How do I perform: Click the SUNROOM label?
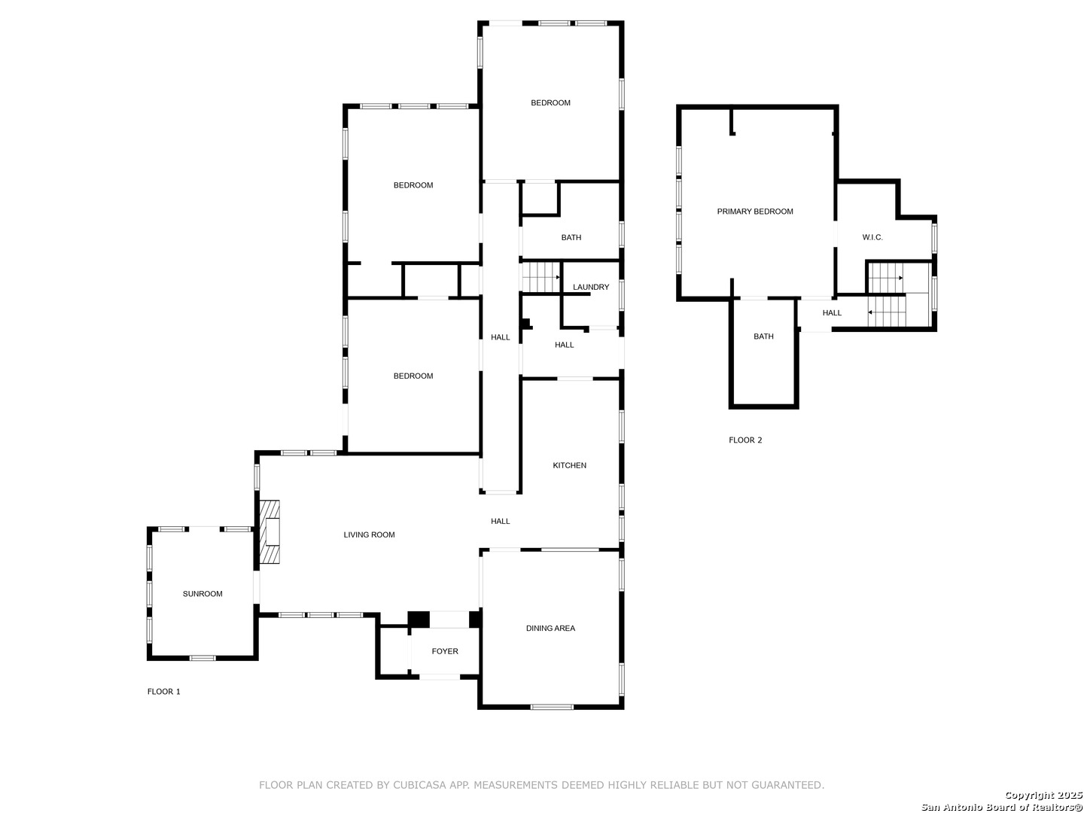(202, 594)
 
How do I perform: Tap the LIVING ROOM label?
(369, 534)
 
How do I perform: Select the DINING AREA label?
(550, 629)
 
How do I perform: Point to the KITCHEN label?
(569, 465)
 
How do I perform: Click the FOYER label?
(444, 652)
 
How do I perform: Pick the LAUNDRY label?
(591, 288)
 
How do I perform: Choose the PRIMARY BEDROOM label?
(754, 212)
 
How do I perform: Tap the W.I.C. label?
(872, 237)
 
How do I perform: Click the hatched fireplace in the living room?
(269, 531)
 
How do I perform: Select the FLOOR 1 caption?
(163, 692)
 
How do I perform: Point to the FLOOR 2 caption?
(745, 440)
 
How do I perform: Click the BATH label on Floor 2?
(763, 336)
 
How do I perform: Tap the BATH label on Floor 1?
(571, 238)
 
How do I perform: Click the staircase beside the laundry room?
(541, 278)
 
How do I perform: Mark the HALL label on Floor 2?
(832, 313)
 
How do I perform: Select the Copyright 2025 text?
(1043, 795)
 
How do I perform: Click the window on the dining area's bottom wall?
(552, 707)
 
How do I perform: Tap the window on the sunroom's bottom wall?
(202, 658)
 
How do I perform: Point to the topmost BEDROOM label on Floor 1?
(550, 103)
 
